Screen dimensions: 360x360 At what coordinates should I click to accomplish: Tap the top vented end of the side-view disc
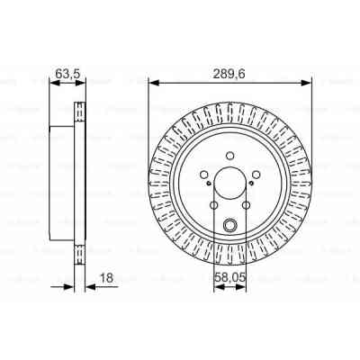pyautogui.click(x=78, y=113)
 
